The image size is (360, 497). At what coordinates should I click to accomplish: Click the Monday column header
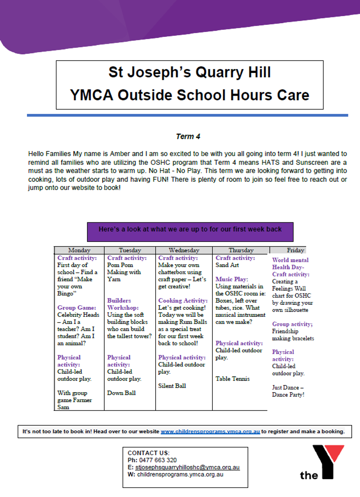pyautogui.click(x=79, y=250)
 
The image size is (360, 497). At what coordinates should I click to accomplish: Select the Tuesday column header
pyautogui.click(x=130, y=250)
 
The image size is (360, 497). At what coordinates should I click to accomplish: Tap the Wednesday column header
pyautogui.click(x=184, y=250)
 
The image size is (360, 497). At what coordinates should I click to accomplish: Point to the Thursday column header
pyautogui.click(x=241, y=250)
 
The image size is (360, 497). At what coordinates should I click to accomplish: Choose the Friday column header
pyautogui.click(x=295, y=250)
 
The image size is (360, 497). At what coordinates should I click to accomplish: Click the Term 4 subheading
pyautogui.click(x=188, y=137)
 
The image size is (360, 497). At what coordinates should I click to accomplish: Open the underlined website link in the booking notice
pyautogui.click(x=210, y=431)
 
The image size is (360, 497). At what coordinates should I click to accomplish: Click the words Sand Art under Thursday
pyautogui.click(x=227, y=265)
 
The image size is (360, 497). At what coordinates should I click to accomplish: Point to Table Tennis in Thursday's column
pyautogui.click(x=233, y=379)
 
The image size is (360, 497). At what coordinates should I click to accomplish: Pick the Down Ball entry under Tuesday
pyautogui.click(x=121, y=393)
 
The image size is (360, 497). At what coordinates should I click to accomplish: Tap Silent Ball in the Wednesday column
pyautogui.click(x=172, y=386)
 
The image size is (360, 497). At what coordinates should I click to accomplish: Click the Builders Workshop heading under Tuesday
pyautogui.click(x=123, y=304)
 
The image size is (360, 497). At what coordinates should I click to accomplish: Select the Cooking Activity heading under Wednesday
pyautogui.click(x=182, y=301)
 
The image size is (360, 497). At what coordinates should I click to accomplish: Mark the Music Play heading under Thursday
pyautogui.click(x=232, y=280)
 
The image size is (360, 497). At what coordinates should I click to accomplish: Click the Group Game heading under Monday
pyautogui.click(x=77, y=308)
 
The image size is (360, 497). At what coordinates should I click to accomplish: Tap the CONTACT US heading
pyautogui.click(x=148, y=453)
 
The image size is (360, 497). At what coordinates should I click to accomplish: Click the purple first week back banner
pyautogui.click(x=190, y=232)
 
